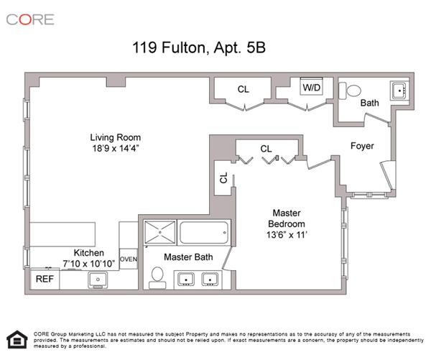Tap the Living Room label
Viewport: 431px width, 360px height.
click(115, 137)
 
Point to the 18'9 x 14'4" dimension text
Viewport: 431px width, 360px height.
click(115, 149)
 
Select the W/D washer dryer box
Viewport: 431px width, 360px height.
click(312, 88)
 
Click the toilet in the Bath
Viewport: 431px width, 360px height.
click(351, 90)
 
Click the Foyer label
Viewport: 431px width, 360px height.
click(362, 146)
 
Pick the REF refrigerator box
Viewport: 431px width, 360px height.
click(45, 278)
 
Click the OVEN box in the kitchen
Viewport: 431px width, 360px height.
click(128, 259)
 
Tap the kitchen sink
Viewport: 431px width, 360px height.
click(98, 280)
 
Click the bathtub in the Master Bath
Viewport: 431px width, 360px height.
click(203, 233)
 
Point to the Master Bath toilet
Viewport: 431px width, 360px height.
click(157, 277)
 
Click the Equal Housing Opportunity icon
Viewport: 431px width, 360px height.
click(15, 338)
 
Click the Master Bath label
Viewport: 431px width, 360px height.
click(188, 257)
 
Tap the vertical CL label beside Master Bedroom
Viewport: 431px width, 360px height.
click(223, 177)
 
